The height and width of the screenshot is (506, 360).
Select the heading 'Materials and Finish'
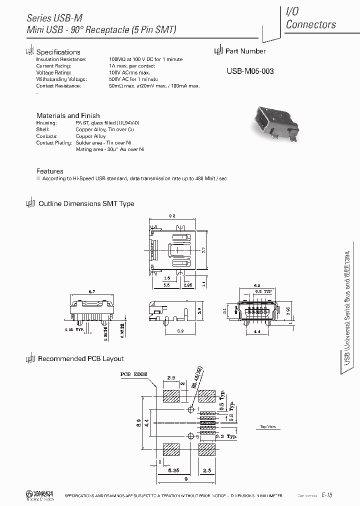pos(68,115)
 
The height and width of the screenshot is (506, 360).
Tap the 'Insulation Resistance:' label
pos(61,59)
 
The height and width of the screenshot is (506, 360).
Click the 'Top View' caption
pos(268,426)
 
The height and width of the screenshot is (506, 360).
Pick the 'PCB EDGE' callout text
pos(131,373)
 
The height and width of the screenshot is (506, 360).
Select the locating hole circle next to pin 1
pos(189,409)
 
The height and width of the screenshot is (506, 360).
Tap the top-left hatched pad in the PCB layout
pos(172,396)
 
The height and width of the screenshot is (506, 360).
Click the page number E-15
pos(327,494)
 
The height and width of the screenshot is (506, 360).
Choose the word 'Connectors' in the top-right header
pos(310,24)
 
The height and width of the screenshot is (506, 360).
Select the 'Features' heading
pos(50,171)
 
